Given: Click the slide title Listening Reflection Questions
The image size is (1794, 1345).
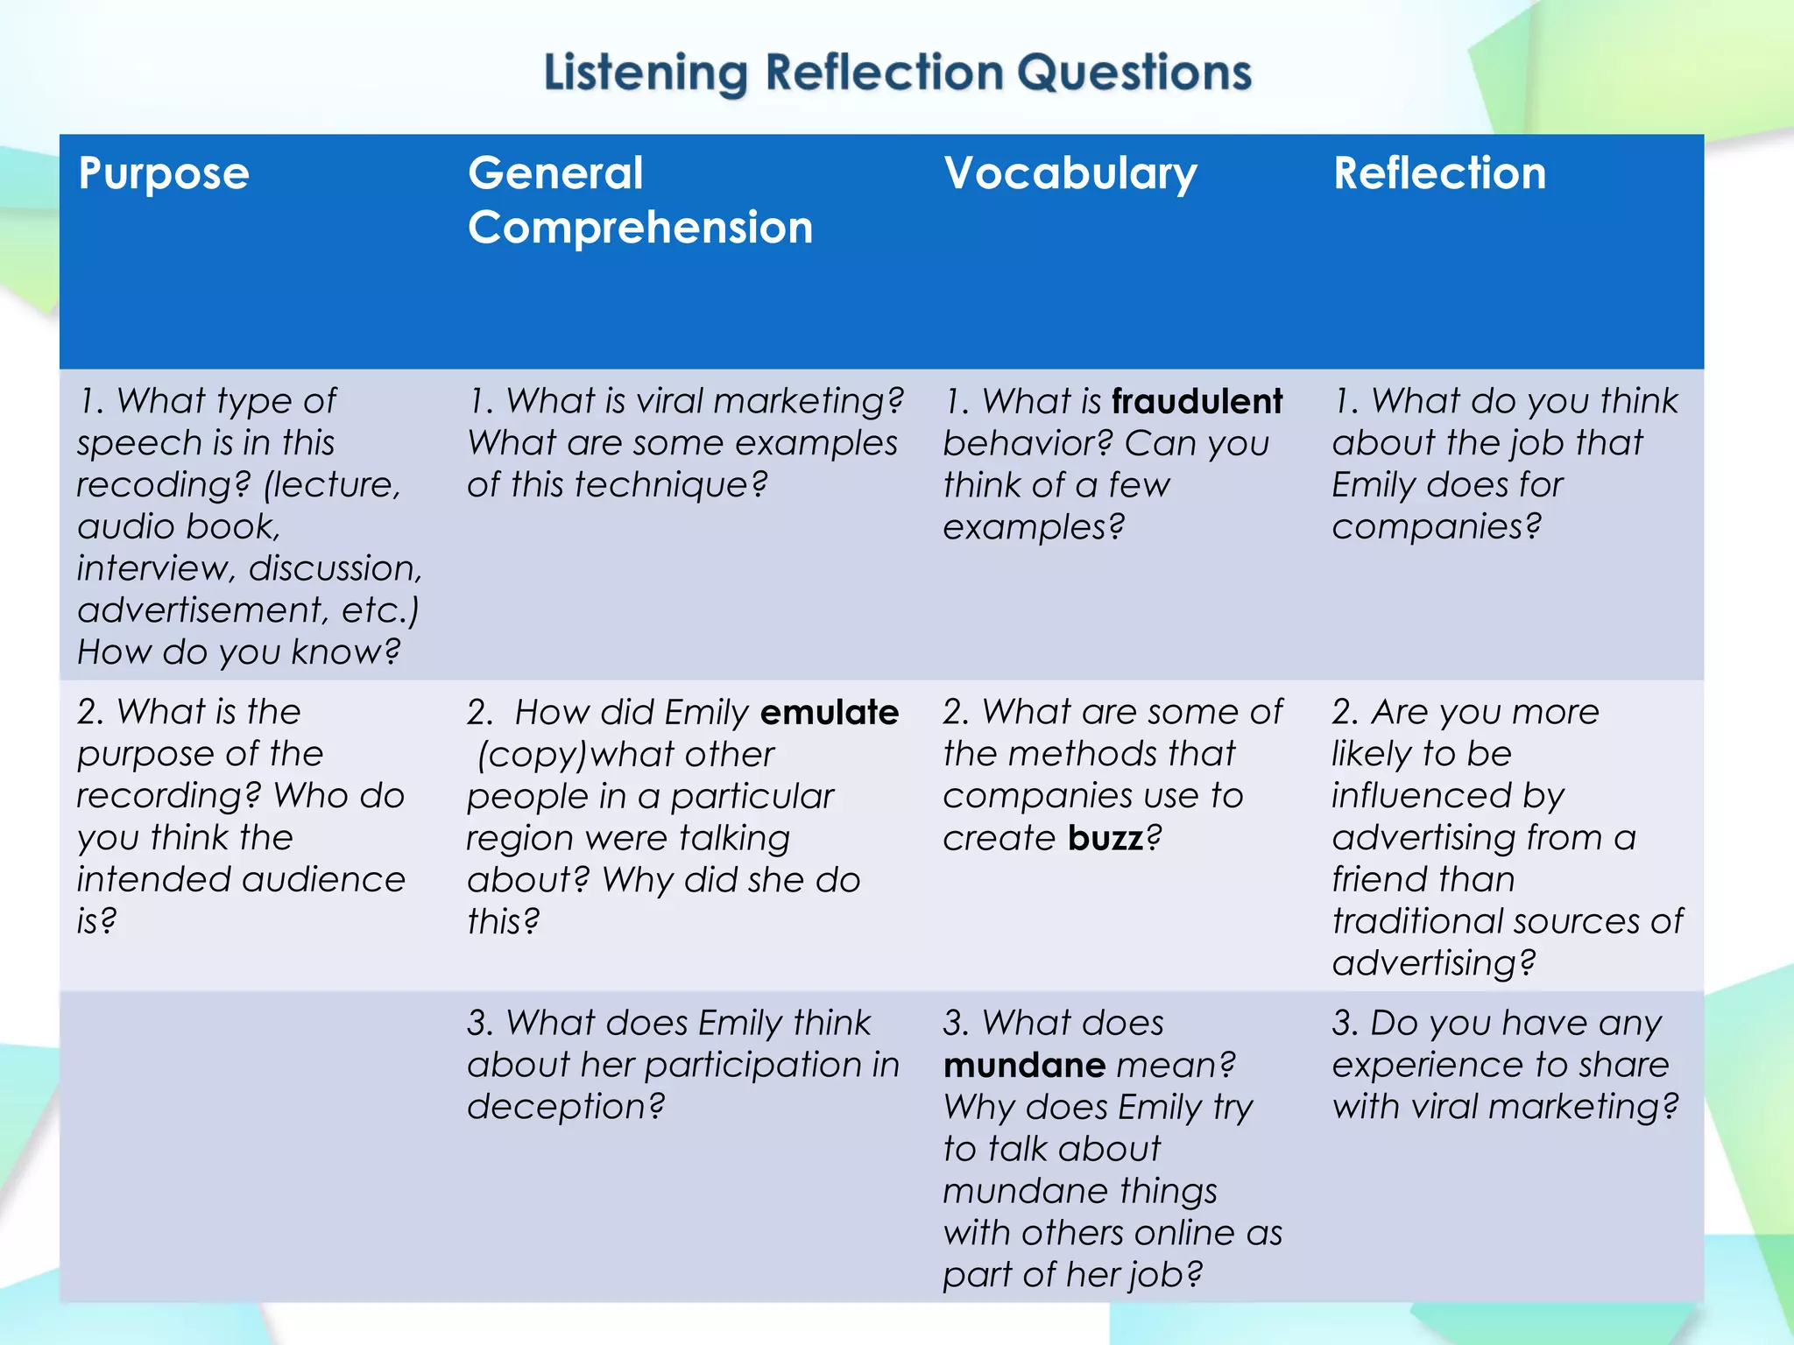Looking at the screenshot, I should (897, 72).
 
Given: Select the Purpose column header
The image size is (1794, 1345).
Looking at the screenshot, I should (164, 173).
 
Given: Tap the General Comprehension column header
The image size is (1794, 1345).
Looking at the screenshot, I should (639, 200).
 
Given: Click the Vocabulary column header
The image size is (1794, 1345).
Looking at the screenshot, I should (1070, 173).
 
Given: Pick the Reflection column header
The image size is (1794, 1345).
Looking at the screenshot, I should (1439, 173).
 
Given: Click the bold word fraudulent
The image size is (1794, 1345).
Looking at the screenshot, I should (1197, 401).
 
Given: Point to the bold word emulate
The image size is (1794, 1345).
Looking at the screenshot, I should (829, 712).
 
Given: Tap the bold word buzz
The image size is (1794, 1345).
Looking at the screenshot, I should (1105, 838).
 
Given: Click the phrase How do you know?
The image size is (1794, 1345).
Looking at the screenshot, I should (238, 652).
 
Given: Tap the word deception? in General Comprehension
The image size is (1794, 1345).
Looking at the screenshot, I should (566, 1107).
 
